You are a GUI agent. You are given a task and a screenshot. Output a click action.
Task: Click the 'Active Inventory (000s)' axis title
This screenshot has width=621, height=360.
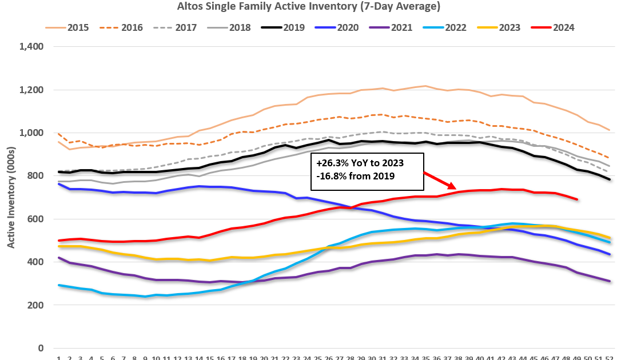(x=11, y=197)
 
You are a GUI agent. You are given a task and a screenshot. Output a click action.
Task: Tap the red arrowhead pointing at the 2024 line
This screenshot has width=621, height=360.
(x=452, y=186)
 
